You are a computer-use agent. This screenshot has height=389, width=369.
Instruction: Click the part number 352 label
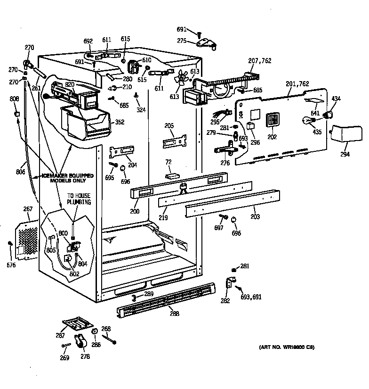[120, 122]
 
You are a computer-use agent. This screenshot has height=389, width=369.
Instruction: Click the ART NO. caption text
[286, 348]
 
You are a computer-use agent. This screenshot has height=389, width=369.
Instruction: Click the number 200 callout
[135, 212]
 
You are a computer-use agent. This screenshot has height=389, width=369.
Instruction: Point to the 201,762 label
[297, 84]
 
